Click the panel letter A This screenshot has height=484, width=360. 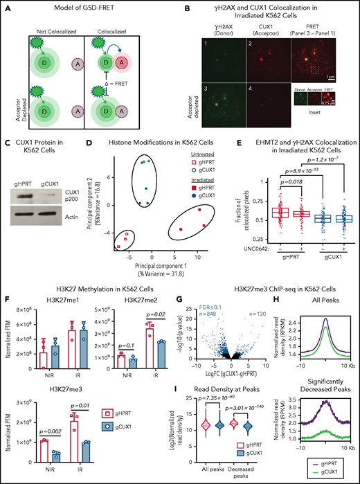[5, 6]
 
